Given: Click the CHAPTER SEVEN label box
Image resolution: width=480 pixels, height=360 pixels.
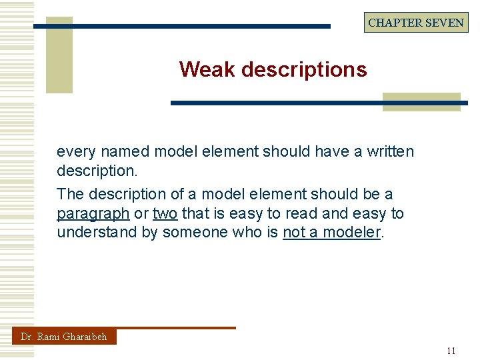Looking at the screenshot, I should point(416,22).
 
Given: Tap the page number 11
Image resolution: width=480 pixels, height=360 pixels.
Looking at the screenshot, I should point(451,351).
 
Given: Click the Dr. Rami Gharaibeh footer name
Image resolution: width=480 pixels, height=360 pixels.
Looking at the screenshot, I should point(64,337).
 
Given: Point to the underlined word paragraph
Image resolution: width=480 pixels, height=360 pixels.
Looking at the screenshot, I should point(93,214).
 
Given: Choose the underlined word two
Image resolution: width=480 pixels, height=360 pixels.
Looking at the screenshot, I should point(165,213).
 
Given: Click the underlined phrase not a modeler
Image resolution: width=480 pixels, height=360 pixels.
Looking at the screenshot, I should point(331,233).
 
